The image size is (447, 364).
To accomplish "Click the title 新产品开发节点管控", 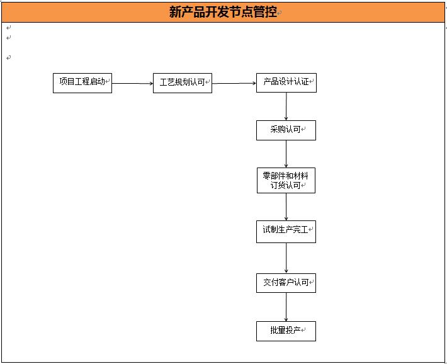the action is click(223, 12).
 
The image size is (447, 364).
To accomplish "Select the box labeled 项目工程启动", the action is click(82, 83).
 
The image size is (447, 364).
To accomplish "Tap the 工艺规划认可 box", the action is click(183, 83).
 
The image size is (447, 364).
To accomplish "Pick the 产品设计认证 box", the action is click(286, 82).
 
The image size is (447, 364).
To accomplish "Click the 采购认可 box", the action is click(286, 130).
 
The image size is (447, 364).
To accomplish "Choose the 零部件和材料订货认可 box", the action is click(286, 180).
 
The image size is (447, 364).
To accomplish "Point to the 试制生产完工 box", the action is click(286, 232).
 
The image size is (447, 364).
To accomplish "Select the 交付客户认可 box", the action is click(286, 283).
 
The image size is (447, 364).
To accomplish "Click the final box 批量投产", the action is click(286, 331).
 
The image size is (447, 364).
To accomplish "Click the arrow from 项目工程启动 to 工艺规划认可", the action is click(133, 83).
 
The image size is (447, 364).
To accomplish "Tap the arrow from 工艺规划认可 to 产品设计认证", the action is click(234, 83).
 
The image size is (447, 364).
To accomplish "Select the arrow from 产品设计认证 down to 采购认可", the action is click(286, 106).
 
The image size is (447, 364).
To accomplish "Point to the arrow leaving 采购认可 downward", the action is click(286, 154).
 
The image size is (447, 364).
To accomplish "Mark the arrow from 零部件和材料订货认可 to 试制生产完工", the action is click(286, 207).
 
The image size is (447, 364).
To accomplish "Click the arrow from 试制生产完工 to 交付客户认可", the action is click(286, 258).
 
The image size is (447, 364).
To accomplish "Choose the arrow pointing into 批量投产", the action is click(286, 307).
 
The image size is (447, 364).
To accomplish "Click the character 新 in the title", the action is click(175, 12).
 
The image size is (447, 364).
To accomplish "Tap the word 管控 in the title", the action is click(265, 12).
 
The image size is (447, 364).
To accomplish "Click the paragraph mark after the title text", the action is click(280, 13).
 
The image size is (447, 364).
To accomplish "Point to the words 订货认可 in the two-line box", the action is click(285, 185).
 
